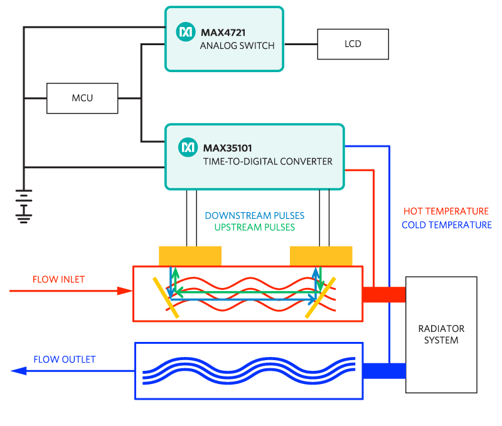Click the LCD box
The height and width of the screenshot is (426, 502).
pyautogui.click(x=353, y=45)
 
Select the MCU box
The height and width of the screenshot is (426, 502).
pyautogui.click(x=82, y=98)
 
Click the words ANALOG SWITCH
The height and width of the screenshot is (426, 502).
pyautogui.click(x=237, y=46)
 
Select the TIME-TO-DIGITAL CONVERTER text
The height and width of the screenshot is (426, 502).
pyautogui.click(x=267, y=162)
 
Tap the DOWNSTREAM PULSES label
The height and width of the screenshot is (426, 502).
pyautogui.click(x=250, y=215)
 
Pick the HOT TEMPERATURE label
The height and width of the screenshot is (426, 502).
pyautogui.click(x=446, y=211)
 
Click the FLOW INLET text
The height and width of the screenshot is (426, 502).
pyautogui.click(x=58, y=279)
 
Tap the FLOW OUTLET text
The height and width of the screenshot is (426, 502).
pyautogui.click(x=65, y=359)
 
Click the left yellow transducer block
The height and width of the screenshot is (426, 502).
pyautogui.click(x=190, y=256)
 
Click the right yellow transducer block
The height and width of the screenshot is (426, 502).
pyautogui.click(x=321, y=256)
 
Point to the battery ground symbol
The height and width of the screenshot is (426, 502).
pyautogui.click(x=24, y=206)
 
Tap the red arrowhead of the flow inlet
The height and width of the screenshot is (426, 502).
pyautogui.click(x=125, y=290)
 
